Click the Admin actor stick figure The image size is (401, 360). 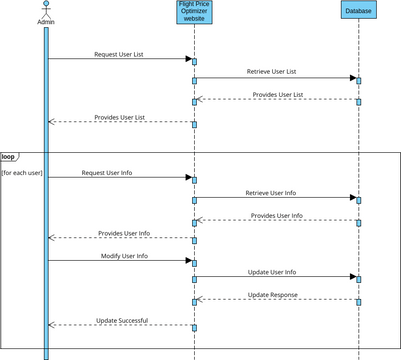pos(46,9)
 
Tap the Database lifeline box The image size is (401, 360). pos(358,11)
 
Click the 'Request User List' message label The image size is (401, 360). pos(118,54)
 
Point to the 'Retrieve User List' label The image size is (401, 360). pos(271,72)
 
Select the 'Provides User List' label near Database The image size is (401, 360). pos(278,94)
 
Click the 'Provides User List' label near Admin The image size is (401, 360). pos(119,117)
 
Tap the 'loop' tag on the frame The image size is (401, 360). pos(9,157)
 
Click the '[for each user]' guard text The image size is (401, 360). pos(21,174)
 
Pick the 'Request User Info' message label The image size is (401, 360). pos(106,173)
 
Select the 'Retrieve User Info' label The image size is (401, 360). pos(271,193)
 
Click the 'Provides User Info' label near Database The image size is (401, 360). pos(277,215)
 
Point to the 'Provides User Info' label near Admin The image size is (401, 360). pos(124,233)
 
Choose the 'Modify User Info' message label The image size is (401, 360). pos(124,256)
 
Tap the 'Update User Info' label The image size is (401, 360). pos(271,272)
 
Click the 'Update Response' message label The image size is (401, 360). pos(273,295)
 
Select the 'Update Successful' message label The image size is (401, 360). pos(122,320)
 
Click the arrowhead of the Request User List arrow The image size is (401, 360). pos(187,59)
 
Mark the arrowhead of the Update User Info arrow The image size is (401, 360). pos(352,277)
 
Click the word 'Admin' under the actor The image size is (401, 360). pos(46,21)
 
